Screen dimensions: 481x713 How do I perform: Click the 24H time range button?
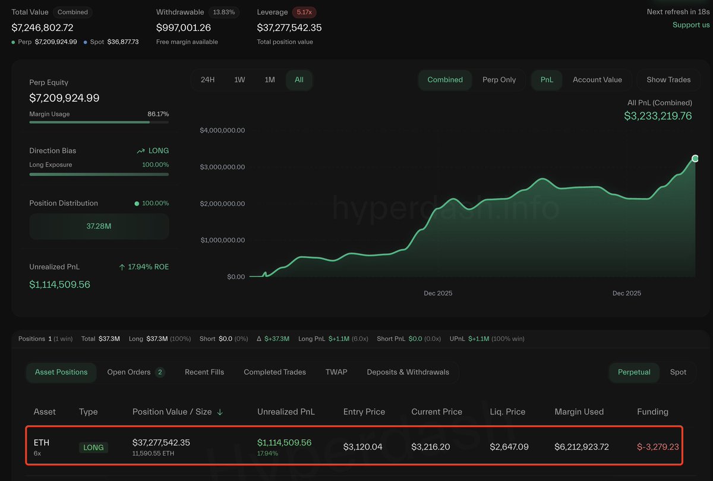(x=207, y=80)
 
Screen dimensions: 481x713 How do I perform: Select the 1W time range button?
(x=239, y=80)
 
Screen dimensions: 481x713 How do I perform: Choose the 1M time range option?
(x=270, y=80)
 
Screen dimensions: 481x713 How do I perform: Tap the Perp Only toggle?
(x=499, y=80)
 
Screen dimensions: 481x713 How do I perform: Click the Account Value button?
(x=597, y=80)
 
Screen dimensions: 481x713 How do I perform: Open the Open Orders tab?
(x=135, y=372)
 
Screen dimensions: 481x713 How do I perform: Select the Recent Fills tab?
(x=204, y=372)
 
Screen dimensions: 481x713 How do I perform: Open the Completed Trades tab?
(x=275, y=372)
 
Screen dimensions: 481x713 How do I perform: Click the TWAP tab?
(x=336, y=372)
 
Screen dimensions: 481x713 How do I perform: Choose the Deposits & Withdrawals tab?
(x=408, y=372)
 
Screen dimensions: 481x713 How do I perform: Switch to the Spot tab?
(x=678, y=372)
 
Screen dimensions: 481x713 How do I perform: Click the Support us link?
(x=691, y=25)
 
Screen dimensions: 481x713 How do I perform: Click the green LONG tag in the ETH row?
(x=93, y=447)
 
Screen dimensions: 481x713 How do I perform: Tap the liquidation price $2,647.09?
(x=509, y=447)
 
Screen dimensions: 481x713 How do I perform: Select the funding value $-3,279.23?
(x=658, y=447)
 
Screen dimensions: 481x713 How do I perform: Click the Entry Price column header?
(x=364, y=411)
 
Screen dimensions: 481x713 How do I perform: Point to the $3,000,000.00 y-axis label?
(x=223, y=167)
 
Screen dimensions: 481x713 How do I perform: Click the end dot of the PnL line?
(x=695, y=158)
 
